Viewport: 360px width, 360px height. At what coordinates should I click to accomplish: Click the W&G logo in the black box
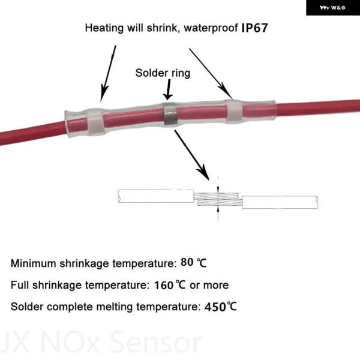pos(332,8)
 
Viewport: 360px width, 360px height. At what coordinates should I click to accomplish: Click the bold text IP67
pos(254,28)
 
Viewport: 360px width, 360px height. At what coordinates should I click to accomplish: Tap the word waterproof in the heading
pos(211,28)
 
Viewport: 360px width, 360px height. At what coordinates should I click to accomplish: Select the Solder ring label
pos(163,73)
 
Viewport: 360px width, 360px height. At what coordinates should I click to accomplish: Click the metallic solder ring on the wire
pos(169,115)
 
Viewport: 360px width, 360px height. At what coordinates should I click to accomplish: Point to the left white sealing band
pos(95,122)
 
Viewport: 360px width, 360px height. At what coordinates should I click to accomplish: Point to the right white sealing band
pos(234,112)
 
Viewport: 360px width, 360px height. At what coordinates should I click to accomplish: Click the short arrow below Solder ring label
pos(168,89)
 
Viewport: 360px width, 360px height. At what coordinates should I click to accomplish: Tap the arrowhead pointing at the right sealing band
pos(227,92)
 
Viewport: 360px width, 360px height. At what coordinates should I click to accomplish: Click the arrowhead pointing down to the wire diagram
pos(203,172)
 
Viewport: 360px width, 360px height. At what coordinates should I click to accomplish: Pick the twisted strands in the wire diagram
pos(218,199)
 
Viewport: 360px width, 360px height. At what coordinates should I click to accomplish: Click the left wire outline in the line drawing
pos(155,196)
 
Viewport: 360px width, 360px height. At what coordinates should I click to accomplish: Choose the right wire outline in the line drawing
pos(280,202)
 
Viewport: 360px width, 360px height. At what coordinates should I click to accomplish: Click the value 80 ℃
pos(194,262)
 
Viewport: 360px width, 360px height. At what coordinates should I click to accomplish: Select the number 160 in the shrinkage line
pos(164,286)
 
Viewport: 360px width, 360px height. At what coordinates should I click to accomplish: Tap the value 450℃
pos(220,307)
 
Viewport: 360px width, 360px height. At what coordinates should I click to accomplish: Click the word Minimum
pos(33,263)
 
